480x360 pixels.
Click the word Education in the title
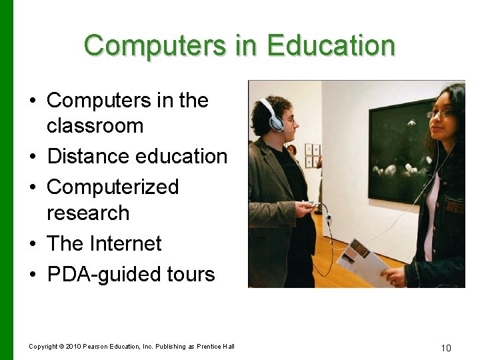(x=331, y=45)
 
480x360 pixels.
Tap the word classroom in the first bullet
(x=95, y=125)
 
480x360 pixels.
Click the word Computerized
(x=113, y=187)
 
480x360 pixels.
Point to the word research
(x=88, y=213)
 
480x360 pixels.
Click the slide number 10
(x=446, y=347)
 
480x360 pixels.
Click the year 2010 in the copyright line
(x=73, y=346)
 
